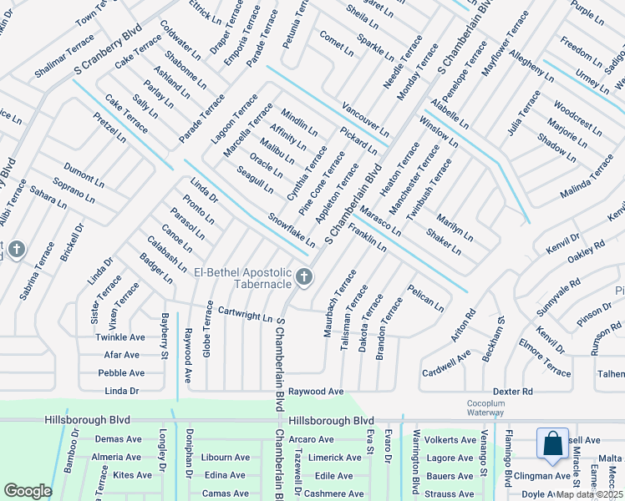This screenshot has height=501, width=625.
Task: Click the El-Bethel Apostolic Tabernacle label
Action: [x=242, y=280]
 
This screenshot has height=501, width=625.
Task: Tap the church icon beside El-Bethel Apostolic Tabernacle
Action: [x=305, y=276]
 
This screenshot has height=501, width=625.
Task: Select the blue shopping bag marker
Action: [x=553, y=444]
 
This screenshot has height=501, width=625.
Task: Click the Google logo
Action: [x=28, y=491]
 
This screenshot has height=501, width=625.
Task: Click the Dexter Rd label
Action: [x=512, y=391]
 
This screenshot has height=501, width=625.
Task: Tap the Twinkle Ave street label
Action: [x=119, y=337]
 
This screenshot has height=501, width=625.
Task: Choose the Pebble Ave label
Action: [x=121, y=373]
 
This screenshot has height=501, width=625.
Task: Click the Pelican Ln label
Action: [x=425, y=298]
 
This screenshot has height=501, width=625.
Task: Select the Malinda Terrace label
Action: [x=587, y=176]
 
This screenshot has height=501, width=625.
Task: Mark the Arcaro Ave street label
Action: [x=310, y=439]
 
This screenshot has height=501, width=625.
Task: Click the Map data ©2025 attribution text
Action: [x=590, y=493]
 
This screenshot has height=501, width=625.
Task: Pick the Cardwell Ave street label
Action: [x=446, y=362]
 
